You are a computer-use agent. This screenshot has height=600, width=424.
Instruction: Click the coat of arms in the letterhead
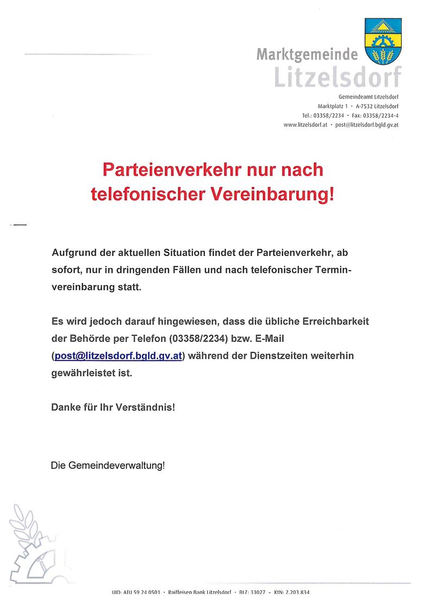click(x=383, y=41)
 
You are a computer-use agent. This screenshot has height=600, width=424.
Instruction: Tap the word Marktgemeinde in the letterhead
click(x=307, y=55)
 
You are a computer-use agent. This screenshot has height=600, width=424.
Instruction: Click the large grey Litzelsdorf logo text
click(x=337, y=77)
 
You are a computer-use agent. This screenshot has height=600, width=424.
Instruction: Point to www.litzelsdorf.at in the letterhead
click(x=305, y=124)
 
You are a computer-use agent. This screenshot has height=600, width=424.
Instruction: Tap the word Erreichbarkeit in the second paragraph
click(x=334, y=321)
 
